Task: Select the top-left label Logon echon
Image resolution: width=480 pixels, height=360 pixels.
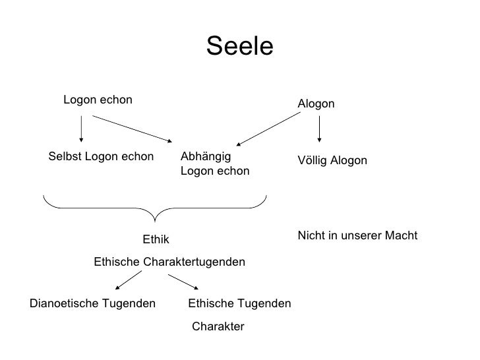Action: click(x=98, y=100)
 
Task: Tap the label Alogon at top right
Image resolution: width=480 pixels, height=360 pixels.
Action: click(x=316, y=104)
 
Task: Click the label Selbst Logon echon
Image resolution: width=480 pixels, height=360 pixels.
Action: click(x=101, y=158)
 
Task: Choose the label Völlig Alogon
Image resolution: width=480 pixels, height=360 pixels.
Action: click(x=332, y=162)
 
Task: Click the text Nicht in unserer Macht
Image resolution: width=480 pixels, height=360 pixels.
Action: click(x=357, y=236)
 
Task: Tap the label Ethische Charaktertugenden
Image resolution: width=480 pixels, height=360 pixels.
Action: click(x=169, y=262)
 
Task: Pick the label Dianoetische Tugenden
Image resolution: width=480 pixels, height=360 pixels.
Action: click(x=93, y=303)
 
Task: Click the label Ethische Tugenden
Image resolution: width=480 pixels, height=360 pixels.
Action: click(x=239, y=303)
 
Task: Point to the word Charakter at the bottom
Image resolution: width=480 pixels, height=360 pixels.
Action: click(x=218, y=326)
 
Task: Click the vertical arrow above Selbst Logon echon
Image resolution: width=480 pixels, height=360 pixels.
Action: click(x=81, y=129)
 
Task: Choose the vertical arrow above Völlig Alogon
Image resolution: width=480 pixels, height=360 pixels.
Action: click(x=320, y=129)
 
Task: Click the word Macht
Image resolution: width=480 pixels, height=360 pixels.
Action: click(x=402, y=236)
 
